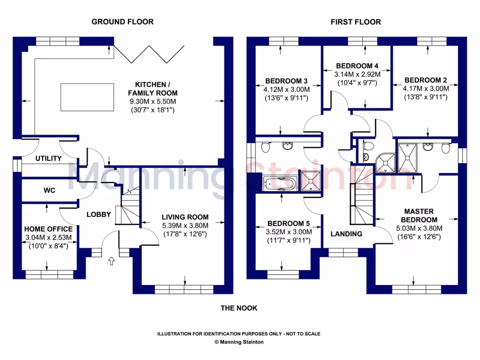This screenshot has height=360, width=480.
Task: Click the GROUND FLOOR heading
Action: click(x=122, y=22)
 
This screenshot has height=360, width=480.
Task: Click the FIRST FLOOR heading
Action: click(x=356, y=22)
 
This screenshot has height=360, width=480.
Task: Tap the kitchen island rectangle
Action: click(x=87, y=97)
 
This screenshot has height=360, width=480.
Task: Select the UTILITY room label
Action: click(x=49, y=158)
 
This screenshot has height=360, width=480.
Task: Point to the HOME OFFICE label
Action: click(x=48, y=229)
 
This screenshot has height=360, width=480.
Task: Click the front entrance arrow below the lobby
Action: click(x=111, y=261)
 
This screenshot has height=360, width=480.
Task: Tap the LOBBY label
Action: click(x=99, y=214)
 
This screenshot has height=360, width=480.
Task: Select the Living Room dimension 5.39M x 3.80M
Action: click(x=185, y=225)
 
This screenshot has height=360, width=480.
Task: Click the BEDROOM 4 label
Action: click(x=357, y=66)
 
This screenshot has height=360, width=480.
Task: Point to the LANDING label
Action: click(x=346, y=233)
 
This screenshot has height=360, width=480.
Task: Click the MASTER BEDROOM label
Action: click(x=419, y=215)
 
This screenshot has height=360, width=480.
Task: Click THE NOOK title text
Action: click(x=239, y=308)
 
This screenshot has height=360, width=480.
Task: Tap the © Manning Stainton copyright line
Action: click(x=239, y=342)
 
